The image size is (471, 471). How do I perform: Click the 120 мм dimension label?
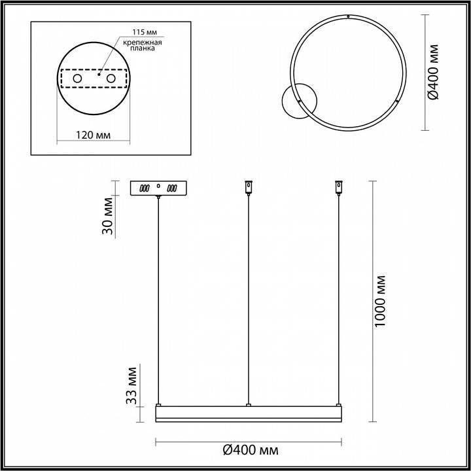[93, 135]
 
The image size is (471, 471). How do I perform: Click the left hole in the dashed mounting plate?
[78, 79]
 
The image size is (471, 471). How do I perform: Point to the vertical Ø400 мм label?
[432, 72]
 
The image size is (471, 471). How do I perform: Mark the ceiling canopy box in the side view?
[158, 188]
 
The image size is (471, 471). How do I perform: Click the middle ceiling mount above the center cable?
[248, 187]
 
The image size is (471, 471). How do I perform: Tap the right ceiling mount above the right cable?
[338, 187]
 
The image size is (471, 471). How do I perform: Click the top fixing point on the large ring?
[349, 16]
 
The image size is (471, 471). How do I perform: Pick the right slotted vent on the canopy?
[173, 188]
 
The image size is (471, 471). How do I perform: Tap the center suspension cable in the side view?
[248, 294]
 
